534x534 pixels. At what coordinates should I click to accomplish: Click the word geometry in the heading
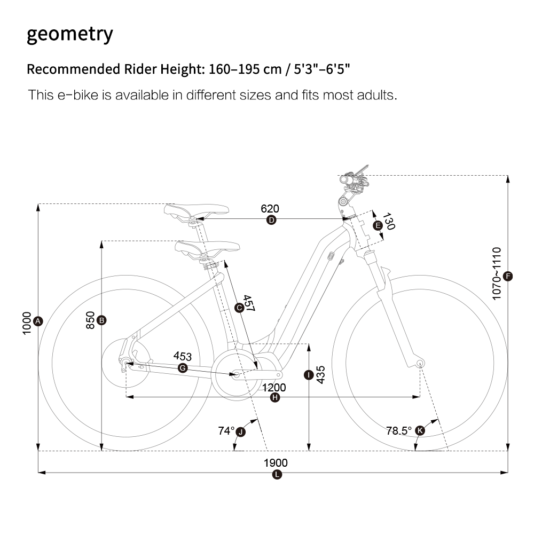[69, 34]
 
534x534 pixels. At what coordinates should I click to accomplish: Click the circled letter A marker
[37, 321]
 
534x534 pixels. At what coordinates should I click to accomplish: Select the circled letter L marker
[276, 475]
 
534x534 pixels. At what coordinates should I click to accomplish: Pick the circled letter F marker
[508, 276]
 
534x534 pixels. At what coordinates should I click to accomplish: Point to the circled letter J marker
[241, 431]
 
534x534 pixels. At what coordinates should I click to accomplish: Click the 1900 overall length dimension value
[276, 463]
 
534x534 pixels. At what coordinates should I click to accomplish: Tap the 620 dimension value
[270, 209]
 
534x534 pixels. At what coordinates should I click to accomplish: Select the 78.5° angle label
[399, 430]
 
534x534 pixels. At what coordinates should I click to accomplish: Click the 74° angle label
[226, 430]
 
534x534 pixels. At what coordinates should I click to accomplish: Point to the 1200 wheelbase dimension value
[274, 387]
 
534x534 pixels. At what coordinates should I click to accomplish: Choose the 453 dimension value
[183, 356]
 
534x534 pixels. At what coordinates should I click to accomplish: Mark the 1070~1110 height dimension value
[497, 273]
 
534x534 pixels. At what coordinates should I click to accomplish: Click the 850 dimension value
[90, 320]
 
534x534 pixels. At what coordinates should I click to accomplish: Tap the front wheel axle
[420, 364]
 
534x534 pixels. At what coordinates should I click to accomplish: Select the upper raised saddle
[197, 210]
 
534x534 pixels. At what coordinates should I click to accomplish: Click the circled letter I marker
[308, 375]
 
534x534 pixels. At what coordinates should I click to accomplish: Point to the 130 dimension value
[389, 222]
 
